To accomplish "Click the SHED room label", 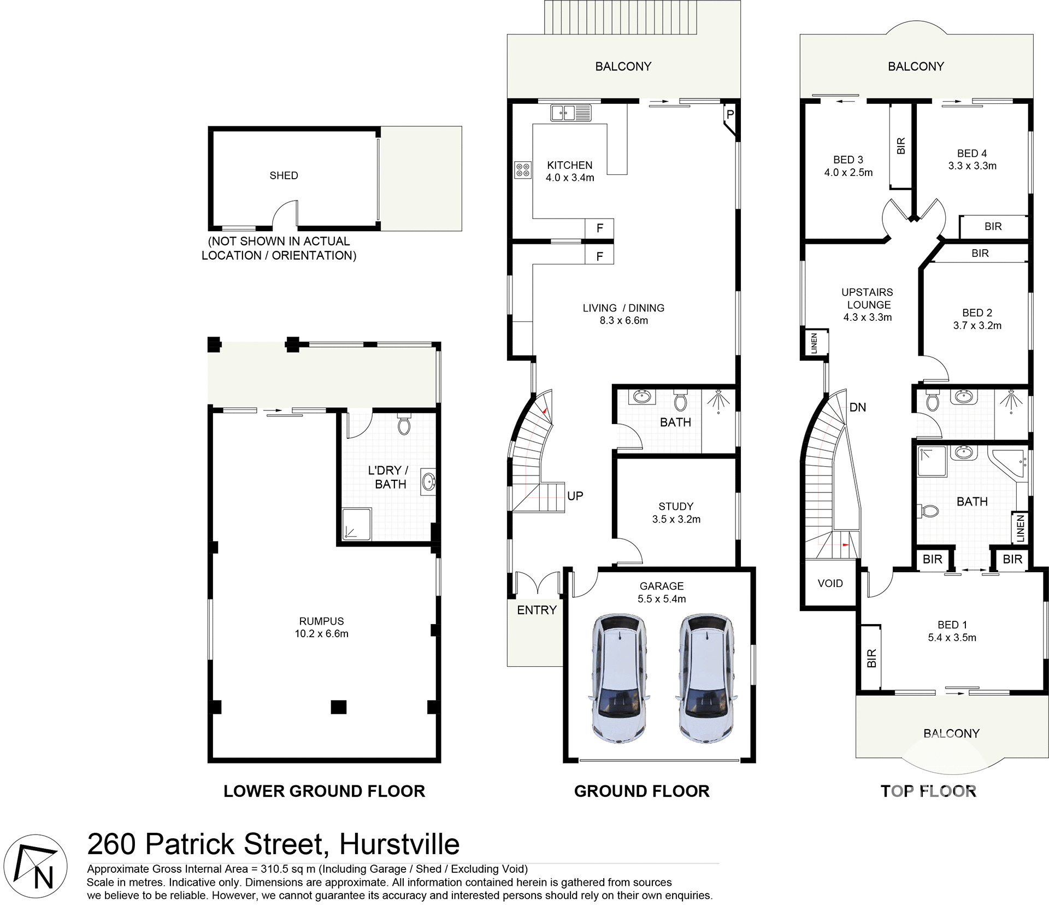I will pyautogui.click(x=284, y=175).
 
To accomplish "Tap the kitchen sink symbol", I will pyautogui.click(x=571, y=113).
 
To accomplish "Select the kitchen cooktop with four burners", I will pyautogui.click(x=522, y=169).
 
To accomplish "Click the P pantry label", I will pyautogui.click(x=730, y=115).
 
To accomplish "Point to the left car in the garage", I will pyautogui.click(x=619, y=678).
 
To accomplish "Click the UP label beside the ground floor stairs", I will pyautogui.click(x=575, y=496).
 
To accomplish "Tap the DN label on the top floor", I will pyautogui.click(x=857, y=407).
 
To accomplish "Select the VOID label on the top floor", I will pyautogui.click(x=830, y=583).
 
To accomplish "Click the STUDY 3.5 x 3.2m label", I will pyautogui.click(x=676, y=513).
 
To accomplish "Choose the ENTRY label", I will pyautogui.click(x=537, y=610).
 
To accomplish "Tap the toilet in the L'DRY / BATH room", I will pyautogui.click(x=404, y=425).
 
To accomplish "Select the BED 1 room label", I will pyautogui.click(x=952, y=631).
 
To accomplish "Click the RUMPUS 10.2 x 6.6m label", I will pyautogui.click(x=321, y=627).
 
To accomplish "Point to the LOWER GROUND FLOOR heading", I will pyautogui.click(x=324, y=791).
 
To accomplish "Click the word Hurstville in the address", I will pyautogui.click(x=399, y=844).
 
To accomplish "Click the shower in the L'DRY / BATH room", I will pyautogui.click(x=356, y=524).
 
